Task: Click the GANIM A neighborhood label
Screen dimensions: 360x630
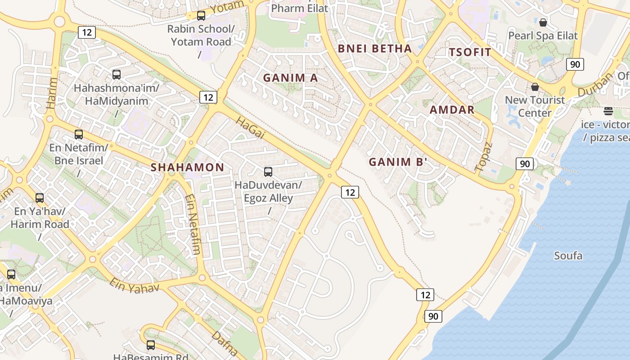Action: [290, 78]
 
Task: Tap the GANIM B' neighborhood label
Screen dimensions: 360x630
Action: [397, 162]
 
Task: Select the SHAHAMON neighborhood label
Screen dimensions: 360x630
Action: [187, 167]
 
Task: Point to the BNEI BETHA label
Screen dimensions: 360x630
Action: [374, 49]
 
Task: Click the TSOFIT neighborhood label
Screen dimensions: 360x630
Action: [470, 52]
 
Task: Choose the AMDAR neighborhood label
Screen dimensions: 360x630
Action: [452, 109]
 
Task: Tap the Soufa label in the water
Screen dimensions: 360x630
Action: [568, 256]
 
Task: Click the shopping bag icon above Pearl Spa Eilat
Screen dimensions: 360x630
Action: [543, 22]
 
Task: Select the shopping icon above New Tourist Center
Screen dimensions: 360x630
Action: [535, 86]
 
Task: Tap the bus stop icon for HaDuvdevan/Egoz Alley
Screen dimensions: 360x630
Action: [268, 171]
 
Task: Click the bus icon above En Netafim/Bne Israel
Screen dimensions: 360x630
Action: [79, 134]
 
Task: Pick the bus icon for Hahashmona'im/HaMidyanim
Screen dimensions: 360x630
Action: [117, 75]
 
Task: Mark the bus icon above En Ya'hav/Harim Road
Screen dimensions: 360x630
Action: [40, 198]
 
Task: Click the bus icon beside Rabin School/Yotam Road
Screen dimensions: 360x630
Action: [201, 16]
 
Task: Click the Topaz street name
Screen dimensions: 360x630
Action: [484, 157]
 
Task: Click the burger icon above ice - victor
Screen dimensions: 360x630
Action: [608, 111]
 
